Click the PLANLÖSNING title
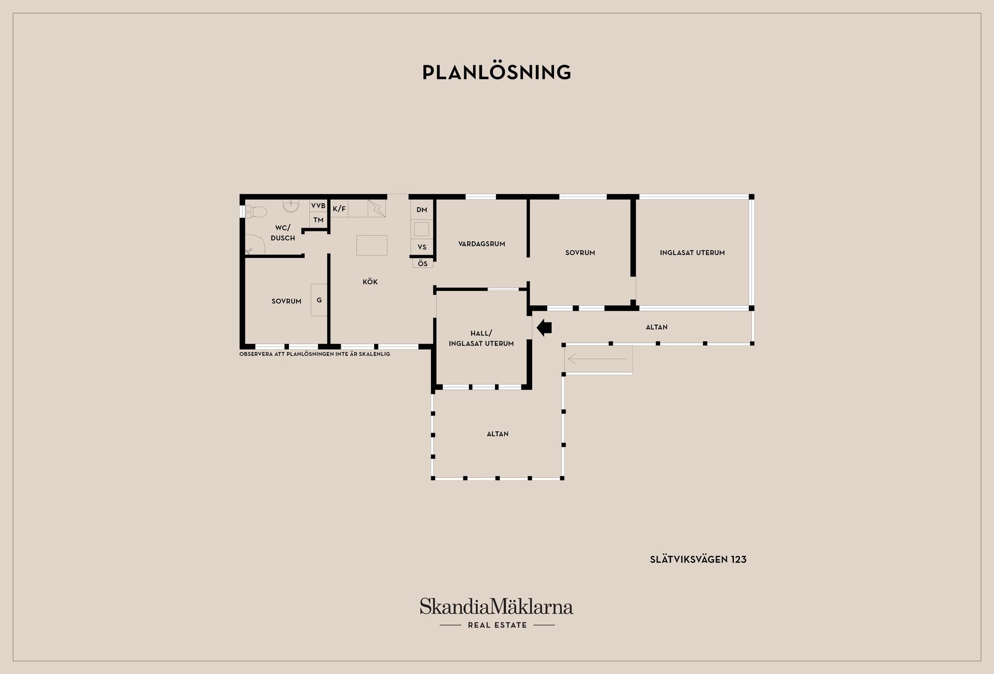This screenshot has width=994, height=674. pos(496,72)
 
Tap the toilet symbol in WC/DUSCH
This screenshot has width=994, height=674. pos(256,212)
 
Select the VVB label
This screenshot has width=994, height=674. pos(318,206)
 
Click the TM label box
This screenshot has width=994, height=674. pos(318,220)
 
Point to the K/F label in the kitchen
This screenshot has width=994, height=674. pos(339,209)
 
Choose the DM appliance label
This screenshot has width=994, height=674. pos(421,210)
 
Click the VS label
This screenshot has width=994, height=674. pos(422,247)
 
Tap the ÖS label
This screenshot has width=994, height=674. pos(422,263)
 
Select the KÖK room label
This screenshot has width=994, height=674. pos(370,282)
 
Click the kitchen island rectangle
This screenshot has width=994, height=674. pos(372,245)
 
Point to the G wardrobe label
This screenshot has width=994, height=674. pos(319,300)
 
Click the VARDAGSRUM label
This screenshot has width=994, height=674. pos(481,244)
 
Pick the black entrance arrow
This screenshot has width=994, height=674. pos(544,327)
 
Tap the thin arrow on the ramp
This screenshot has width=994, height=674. pos(596,359)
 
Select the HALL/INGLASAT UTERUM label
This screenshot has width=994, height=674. pos(481,339)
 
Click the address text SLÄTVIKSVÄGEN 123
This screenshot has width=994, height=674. pos(698,560)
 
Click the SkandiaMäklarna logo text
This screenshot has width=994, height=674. pos(496,606)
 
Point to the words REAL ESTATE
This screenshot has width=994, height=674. pos(497,625)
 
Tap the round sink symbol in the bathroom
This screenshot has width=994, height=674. pos(291,206)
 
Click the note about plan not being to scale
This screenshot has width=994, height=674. pos(314,354)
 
